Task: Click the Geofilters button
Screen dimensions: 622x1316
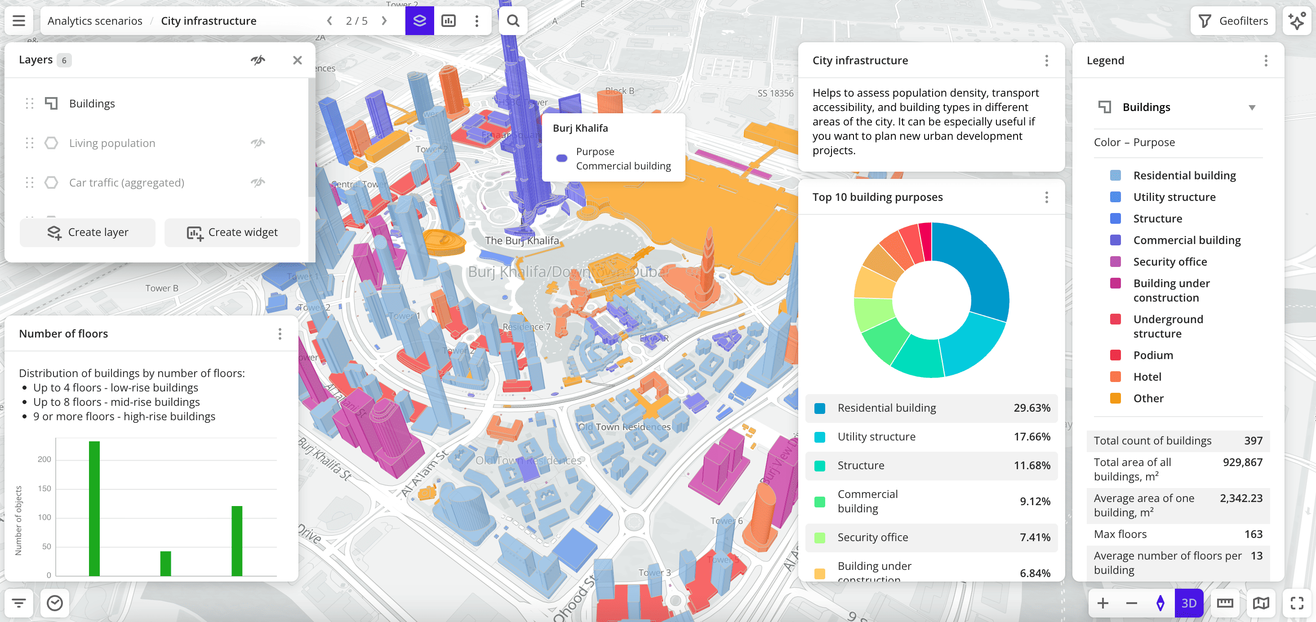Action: point(1233,21)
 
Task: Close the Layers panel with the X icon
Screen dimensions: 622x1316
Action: point(298,60)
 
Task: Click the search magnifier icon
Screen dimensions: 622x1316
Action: point(513,21)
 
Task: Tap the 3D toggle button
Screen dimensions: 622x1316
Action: point(1188,603)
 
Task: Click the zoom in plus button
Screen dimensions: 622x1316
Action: point(1103,603)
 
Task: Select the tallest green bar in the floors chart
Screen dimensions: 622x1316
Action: point(94,508)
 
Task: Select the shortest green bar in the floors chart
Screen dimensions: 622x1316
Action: point(165,563)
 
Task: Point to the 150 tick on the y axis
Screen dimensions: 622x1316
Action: point(44,489)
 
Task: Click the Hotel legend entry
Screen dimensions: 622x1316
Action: point(1147,377)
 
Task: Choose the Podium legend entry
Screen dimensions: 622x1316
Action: point(1152,355)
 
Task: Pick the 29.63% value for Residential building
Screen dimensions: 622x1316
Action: point(1031,408)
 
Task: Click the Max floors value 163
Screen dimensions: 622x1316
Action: point(1253,534)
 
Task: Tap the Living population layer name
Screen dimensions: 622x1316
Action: point(112,143)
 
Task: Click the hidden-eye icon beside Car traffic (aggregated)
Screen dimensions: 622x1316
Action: point(258,182)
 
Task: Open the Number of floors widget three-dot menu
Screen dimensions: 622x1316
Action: point(280,334)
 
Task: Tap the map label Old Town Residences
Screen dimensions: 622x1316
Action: point(624,427)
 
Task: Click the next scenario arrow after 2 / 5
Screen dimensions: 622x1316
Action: point(384,21)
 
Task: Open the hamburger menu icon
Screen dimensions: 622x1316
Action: point(19,21)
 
